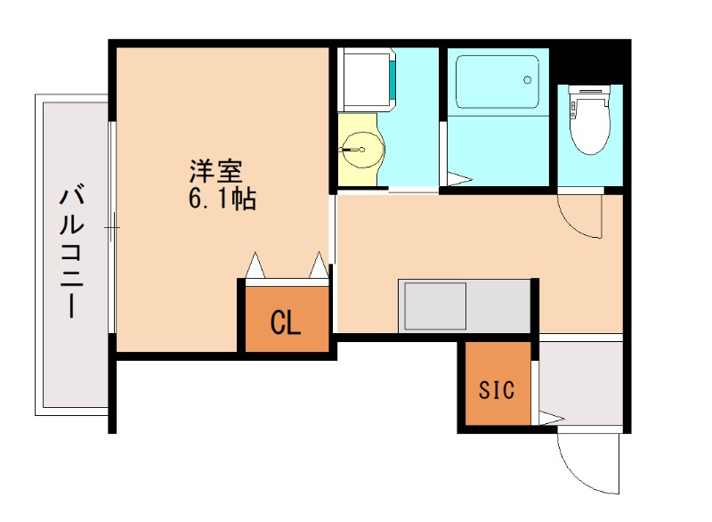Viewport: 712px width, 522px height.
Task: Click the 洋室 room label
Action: click(x=216, y=169)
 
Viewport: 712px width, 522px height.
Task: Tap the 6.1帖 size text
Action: click(x=222, y=199)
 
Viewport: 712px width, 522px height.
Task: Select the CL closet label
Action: click(x=286, y=322)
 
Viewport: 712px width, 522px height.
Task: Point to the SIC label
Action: click(x=497, y=389)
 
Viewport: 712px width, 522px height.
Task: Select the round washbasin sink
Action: click(x=360, y=149)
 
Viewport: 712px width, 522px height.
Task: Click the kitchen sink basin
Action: click(x=435, y=306)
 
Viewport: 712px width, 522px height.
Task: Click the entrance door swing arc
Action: click(x=587, y=463)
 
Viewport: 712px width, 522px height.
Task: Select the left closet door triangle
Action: click(x=255, y=265)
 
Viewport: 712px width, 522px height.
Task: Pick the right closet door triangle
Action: click(x=319, y=265)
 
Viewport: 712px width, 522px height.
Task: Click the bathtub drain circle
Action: click(x=528, y=79)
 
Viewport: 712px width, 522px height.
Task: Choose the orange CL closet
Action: click(x=286, y=318)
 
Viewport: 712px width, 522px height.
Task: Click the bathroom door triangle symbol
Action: click(x=457, y=177)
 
